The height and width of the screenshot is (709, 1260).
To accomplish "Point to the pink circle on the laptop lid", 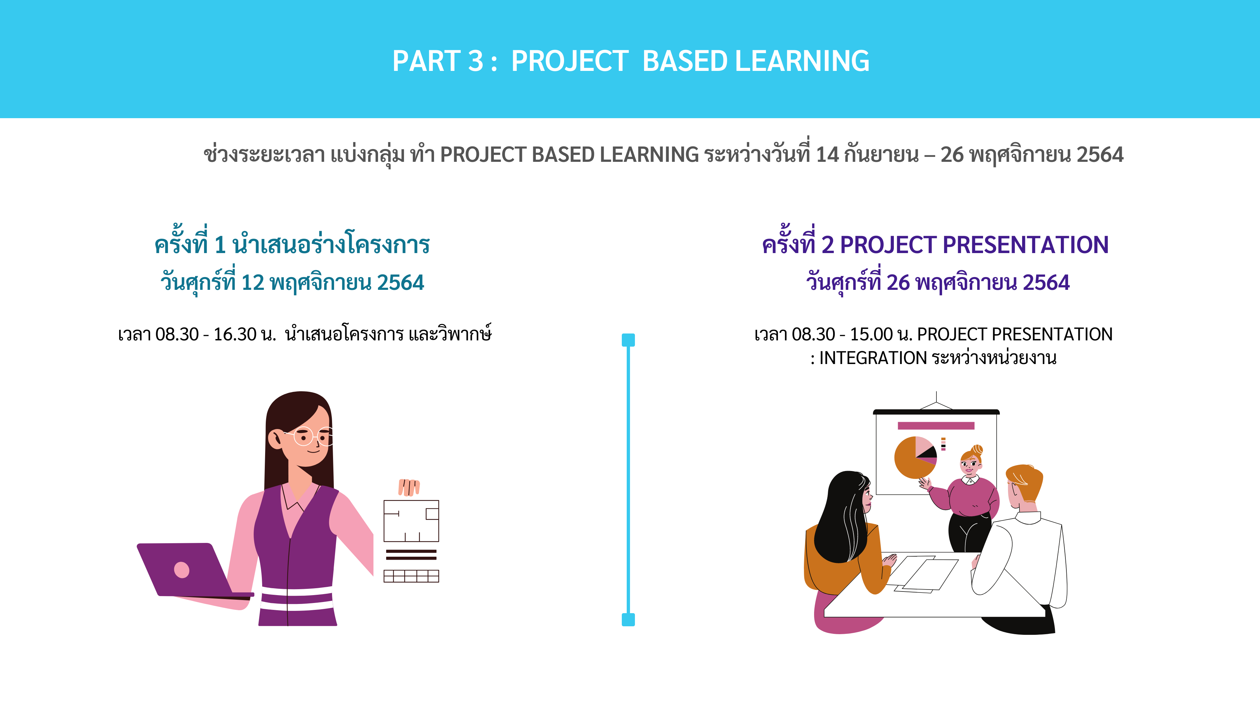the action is (x=181, y=570).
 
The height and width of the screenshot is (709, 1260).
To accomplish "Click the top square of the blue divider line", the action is (x=628, y=340).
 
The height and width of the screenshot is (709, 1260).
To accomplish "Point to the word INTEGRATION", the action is (x=872, y=358).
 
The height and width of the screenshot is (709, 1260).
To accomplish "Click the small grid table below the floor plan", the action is (x=411, y=576).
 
